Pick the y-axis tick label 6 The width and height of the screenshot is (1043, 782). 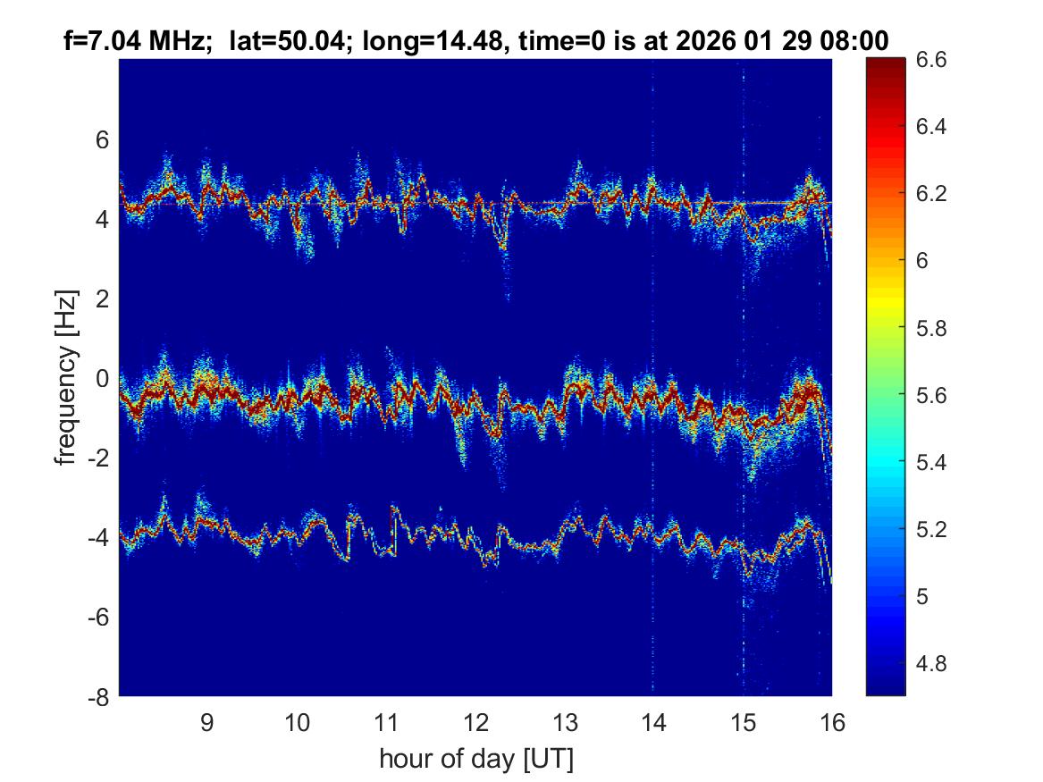coord(102,139)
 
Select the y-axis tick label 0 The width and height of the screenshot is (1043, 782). coord(102,378)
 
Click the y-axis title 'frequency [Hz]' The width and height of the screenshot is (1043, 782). coord(64,378)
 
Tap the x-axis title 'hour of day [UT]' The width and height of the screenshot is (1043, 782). coord(475,760)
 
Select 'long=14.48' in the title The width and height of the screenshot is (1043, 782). coord(417,40)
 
